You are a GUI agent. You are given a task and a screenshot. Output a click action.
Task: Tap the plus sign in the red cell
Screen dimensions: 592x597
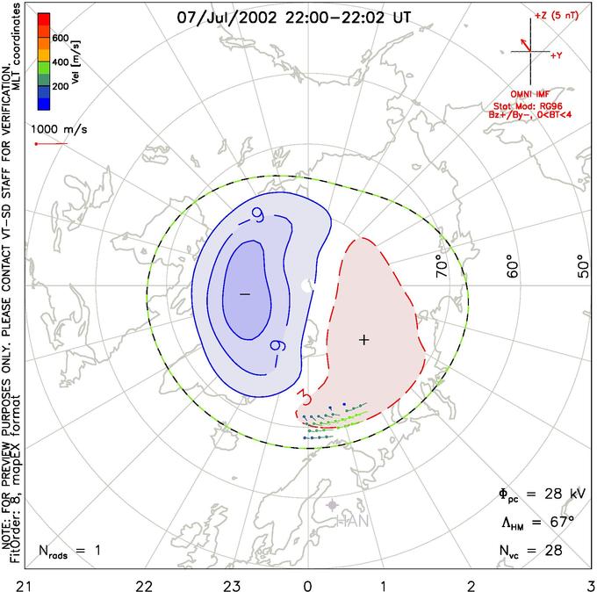pyautogui.click(x=364, y=339)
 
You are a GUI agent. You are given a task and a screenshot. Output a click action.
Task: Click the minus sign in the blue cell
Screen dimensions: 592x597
pyautogui.click(x=245, y=292)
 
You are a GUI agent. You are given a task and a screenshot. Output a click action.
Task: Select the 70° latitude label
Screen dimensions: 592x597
pyautogui.click(x=442, y=267)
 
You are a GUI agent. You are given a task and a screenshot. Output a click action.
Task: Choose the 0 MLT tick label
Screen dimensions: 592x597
pyautogui.click(x=307, y=582)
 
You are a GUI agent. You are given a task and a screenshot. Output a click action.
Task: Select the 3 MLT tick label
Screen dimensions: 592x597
pyautogui.click(x=591, y=582)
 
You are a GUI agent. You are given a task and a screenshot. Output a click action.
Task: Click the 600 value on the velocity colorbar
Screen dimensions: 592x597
pyautogui.click(x=60, y=38)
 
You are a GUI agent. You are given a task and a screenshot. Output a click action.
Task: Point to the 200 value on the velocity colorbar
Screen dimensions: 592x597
pyautogui.click(x=60, y=87)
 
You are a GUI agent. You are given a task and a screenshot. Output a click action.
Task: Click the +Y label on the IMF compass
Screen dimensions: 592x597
pyautogui.click(x=557, y=55)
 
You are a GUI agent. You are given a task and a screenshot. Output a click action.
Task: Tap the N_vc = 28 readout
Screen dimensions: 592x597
pyautogui.click(x=529, y=551)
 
